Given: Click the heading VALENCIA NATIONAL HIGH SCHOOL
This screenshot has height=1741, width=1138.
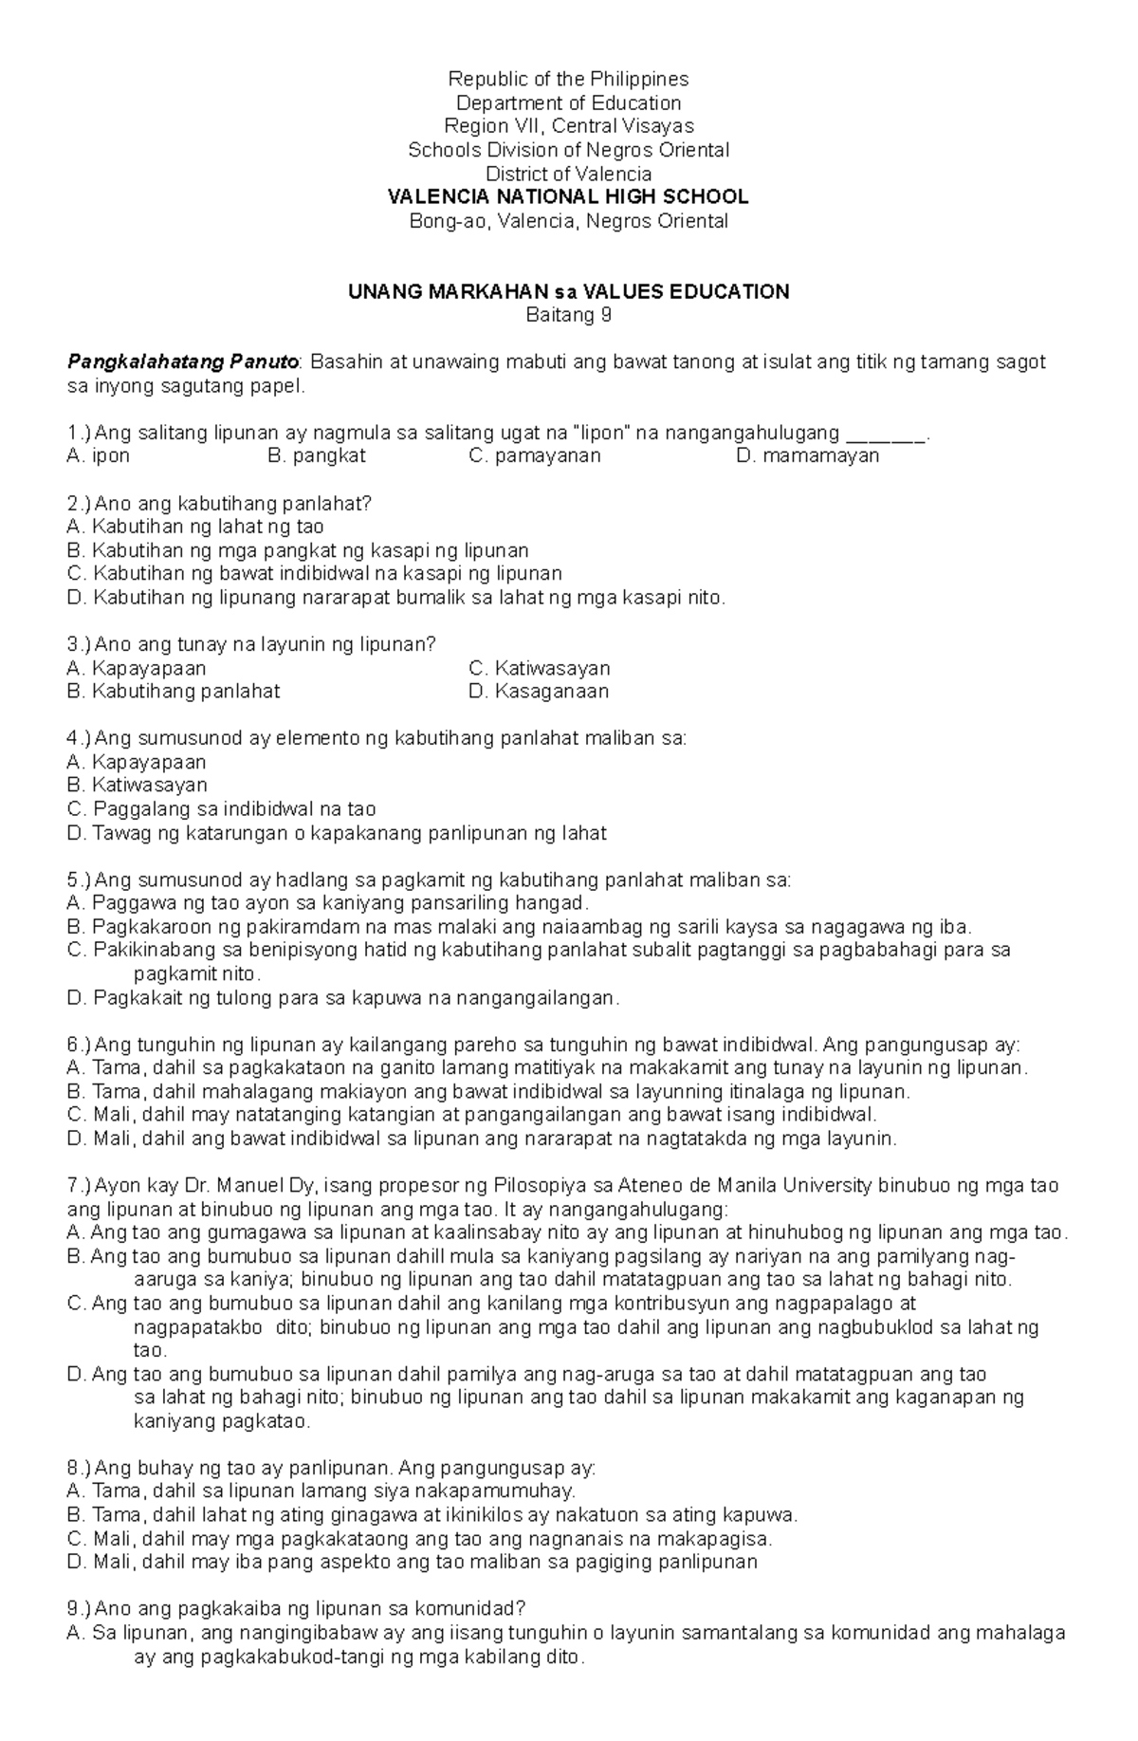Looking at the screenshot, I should point(568,197).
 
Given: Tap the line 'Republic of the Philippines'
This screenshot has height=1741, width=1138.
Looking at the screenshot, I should point(568,79).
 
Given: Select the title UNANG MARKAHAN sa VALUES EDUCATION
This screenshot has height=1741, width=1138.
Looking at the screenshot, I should point(568,292).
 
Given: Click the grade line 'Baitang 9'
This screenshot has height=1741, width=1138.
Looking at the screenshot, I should point(568,316).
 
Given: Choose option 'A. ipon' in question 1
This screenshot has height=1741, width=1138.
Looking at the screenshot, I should point(99,456).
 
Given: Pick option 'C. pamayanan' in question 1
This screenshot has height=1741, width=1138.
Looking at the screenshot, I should point(535,456).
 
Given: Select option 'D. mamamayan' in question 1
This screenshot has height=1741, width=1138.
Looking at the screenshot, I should point(807,456).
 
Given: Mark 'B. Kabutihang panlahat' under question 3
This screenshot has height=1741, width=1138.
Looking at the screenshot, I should point(174,692).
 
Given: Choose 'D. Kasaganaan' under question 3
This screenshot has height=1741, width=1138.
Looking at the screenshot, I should point(539,692).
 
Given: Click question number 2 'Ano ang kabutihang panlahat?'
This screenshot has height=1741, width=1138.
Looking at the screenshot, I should point(220,504).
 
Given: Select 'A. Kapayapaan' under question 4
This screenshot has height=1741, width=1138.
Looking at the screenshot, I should point(137,763).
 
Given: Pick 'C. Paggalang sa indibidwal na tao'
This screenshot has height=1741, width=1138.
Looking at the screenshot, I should point(222,810).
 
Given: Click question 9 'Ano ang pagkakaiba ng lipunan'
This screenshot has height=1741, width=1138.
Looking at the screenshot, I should point(296,1609).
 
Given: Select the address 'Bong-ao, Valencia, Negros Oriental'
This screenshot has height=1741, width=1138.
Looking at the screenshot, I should point(568,222).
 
